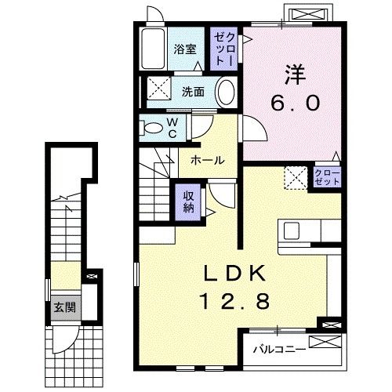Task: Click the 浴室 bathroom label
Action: pos(185,49)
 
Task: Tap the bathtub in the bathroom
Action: pos(153,49)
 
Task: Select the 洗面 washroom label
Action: pos(193,92)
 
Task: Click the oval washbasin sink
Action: pos(226,92)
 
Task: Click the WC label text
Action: pos(172,128)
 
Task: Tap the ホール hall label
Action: pos(208,160)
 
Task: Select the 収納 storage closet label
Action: pos(188,202)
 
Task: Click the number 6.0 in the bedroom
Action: pos(296,103)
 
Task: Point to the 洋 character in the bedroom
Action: pos(296,75)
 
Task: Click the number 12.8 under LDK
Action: pos(234,301)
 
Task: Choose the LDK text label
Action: pos(234,274)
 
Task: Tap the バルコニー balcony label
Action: pos(279,349)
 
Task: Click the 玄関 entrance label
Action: pos(65,307)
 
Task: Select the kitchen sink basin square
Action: pos(292,230)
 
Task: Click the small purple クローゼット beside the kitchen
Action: pos(327,177)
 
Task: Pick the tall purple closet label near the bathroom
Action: pos(224,49)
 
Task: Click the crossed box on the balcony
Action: pos(325,342)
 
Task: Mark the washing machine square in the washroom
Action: pos(158,88)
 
